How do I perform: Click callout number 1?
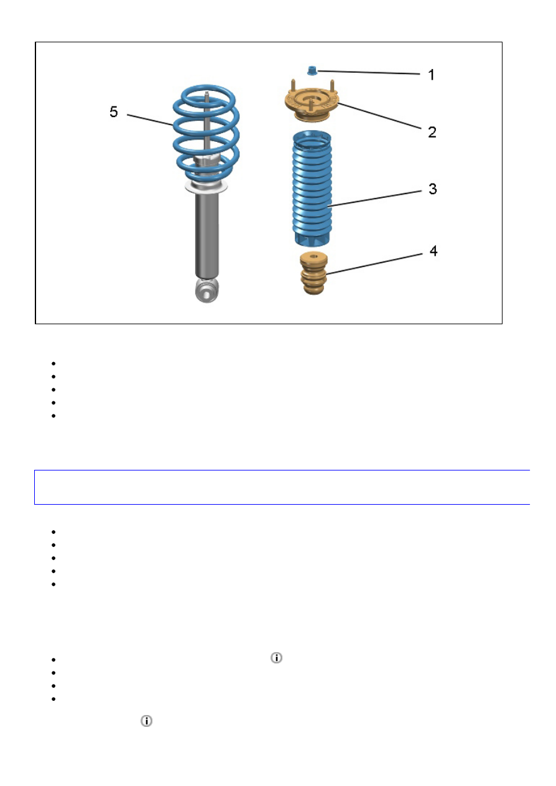pyautogui.click(x=432, y=75)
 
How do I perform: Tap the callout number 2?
pyautogui.click(x=432, y=132)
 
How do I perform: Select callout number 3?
pyautogui.click(x=433, y=189)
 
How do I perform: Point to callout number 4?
pyautogui.click(x=433, y=251)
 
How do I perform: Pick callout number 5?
pyautogui.click(x=114, y=112)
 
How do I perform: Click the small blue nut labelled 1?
pyautogui.click(x=312, y=70)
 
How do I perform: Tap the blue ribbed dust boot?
pyautogui.click(x=312, y=188)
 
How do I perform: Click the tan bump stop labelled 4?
pyautogui.click(x=313, y=273)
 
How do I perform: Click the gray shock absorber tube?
pyautogui.click(x=207, y=235)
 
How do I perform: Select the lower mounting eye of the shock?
pyautogui.click(x=207, y=291)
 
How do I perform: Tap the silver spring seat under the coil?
pyautogui.click(x=206, y=186)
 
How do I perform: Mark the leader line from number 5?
pyautogui.click(x=150, y=119)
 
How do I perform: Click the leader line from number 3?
pyautogui.click(x=376, y=199)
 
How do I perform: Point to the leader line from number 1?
pyautogui.click(x=369, y=73)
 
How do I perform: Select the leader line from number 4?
pyautogui.click(x=374, y=264)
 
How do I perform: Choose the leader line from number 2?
pyautogui.click(x=379, y=116)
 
